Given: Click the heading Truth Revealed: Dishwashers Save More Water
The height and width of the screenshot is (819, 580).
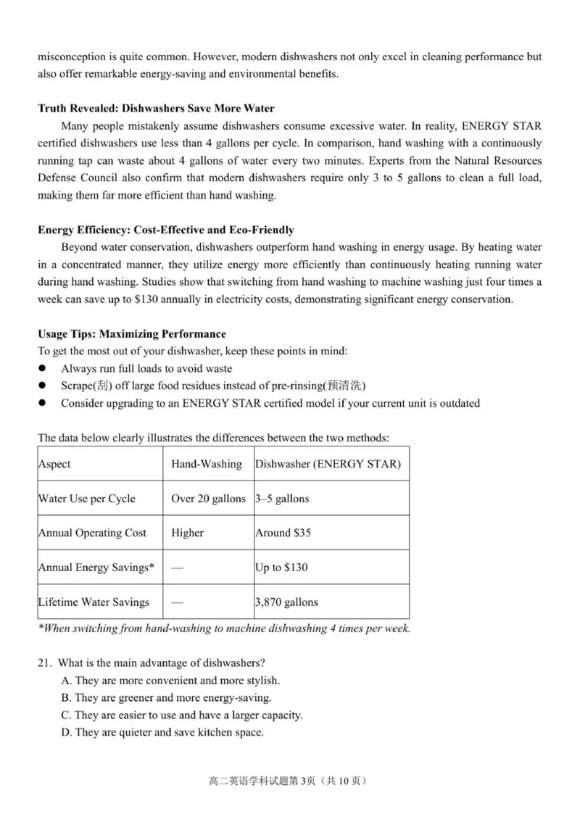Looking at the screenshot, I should (156, 109).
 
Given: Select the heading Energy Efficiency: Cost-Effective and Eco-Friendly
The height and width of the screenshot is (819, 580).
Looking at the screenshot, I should (166, 230).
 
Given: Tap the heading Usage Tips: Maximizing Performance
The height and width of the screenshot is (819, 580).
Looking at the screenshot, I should (132, 334).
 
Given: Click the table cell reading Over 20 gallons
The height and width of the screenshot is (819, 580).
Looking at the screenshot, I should (208, 499).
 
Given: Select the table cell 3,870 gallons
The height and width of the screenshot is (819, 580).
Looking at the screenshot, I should (286, 602).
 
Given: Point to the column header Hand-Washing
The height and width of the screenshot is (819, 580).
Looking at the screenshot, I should (207, 464).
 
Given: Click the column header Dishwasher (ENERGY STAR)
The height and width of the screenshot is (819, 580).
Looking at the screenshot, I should (328, 464).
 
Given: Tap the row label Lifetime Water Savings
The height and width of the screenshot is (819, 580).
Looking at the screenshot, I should (94, 602).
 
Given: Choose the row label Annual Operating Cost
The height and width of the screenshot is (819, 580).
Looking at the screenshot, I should (92, 533).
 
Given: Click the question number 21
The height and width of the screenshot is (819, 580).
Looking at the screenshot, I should (44, 663).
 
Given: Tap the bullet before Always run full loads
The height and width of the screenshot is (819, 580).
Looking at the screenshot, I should (43, 369).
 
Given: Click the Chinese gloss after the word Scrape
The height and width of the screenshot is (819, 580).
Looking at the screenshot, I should (101, 386).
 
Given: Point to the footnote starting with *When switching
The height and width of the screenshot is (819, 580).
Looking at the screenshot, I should (224, 628).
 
